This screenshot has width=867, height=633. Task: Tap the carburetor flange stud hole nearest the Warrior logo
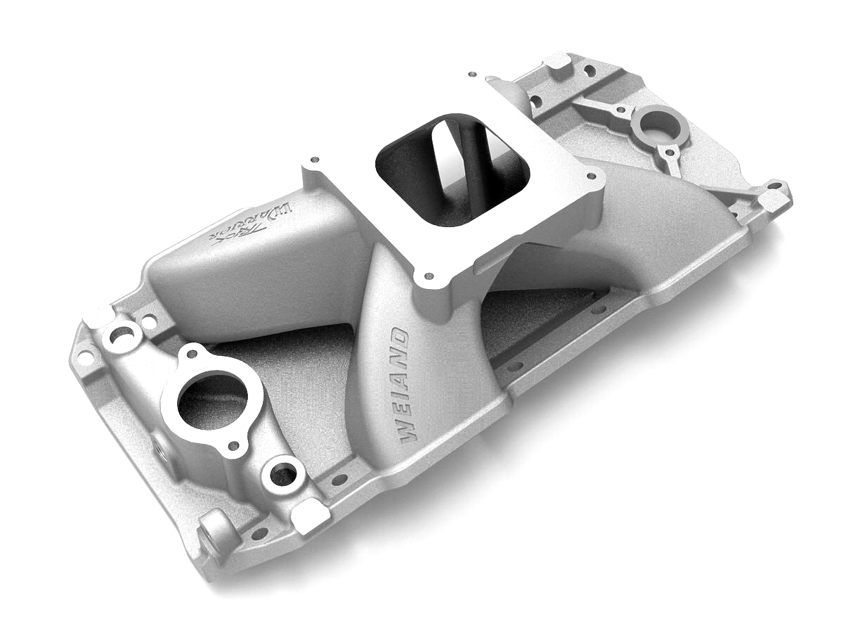click(314, 160)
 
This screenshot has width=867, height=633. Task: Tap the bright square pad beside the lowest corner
click(310, 517)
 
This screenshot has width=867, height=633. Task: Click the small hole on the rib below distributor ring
click(670, 150)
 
